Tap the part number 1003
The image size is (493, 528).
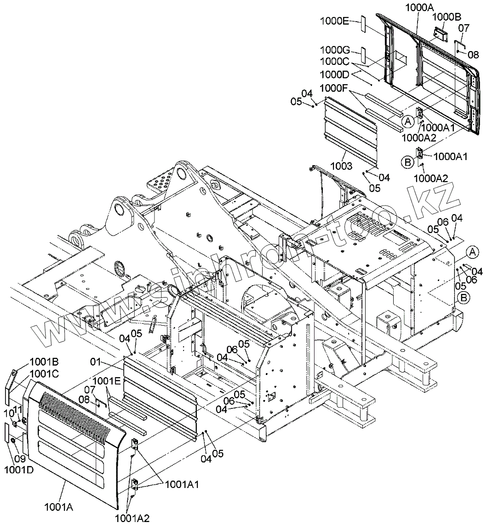coord(341,166)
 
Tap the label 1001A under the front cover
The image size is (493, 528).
coord(59,507)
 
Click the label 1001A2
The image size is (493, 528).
coord(132,518)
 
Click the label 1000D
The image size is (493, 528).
coord(334,75)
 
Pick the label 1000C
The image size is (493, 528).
coord(334,62)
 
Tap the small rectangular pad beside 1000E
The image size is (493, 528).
coord(362,23)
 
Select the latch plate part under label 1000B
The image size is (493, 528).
coord(441,34)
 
